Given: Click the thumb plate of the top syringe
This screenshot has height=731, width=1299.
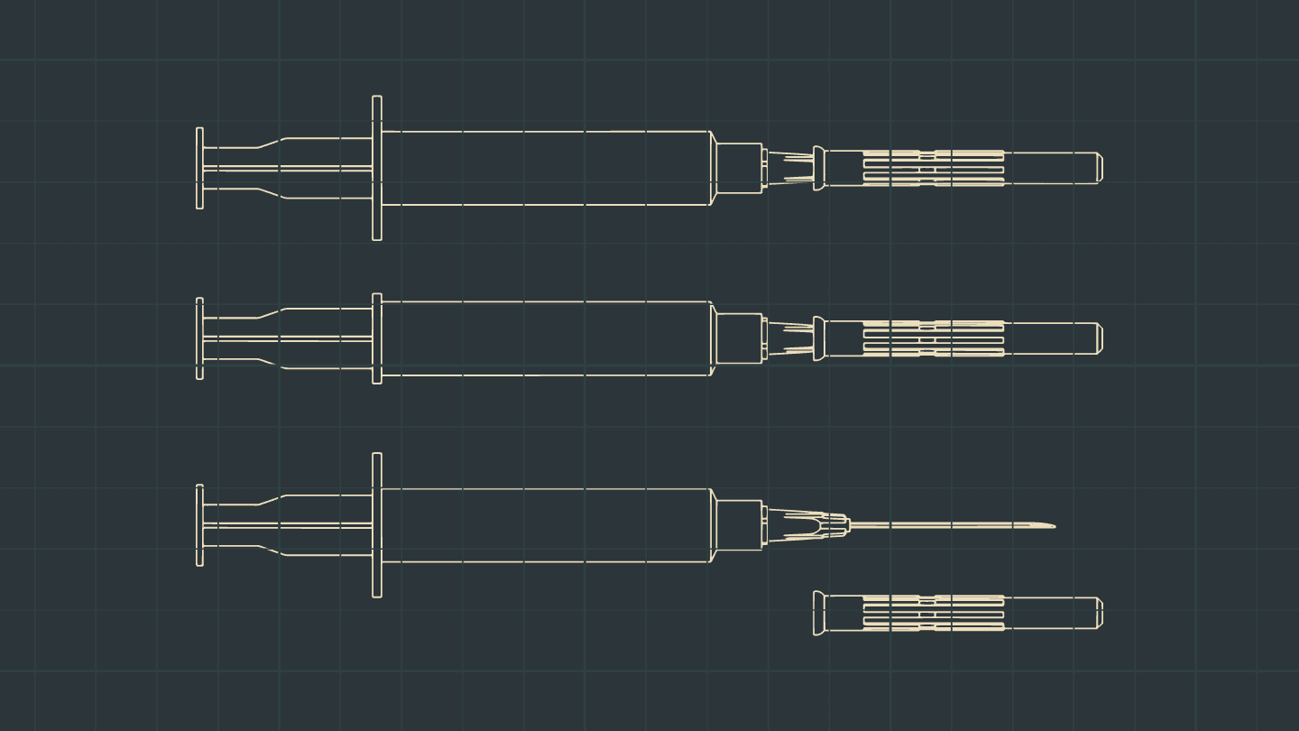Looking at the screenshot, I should point(199,168).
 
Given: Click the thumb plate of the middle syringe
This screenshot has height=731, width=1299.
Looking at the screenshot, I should point(199,338).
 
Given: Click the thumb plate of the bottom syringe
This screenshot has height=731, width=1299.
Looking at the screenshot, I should point(199,525).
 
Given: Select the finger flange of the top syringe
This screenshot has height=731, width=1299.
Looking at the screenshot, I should point(377,168).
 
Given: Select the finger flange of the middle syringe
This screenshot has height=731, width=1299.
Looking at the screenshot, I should point(377,338).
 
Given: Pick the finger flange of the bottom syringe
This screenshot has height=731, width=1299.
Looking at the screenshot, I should point(377,525).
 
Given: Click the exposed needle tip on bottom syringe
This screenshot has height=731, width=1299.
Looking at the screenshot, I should point(1049,525).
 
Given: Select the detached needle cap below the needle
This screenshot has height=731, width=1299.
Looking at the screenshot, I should point(956,613).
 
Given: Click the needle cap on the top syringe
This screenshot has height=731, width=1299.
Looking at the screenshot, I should point(956,168).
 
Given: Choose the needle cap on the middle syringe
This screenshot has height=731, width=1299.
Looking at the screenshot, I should point(956,338).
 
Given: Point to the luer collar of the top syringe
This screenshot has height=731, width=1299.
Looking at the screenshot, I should point(739,168).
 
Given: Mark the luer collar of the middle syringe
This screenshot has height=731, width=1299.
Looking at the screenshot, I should point(739,338).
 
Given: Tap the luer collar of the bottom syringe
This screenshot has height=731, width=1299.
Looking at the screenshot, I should point(739,525).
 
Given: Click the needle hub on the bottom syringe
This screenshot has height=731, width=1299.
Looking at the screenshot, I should point(812,525).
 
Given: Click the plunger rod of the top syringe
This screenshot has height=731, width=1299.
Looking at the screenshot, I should point(289,168).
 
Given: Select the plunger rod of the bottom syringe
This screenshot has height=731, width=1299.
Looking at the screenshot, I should point(289,525).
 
